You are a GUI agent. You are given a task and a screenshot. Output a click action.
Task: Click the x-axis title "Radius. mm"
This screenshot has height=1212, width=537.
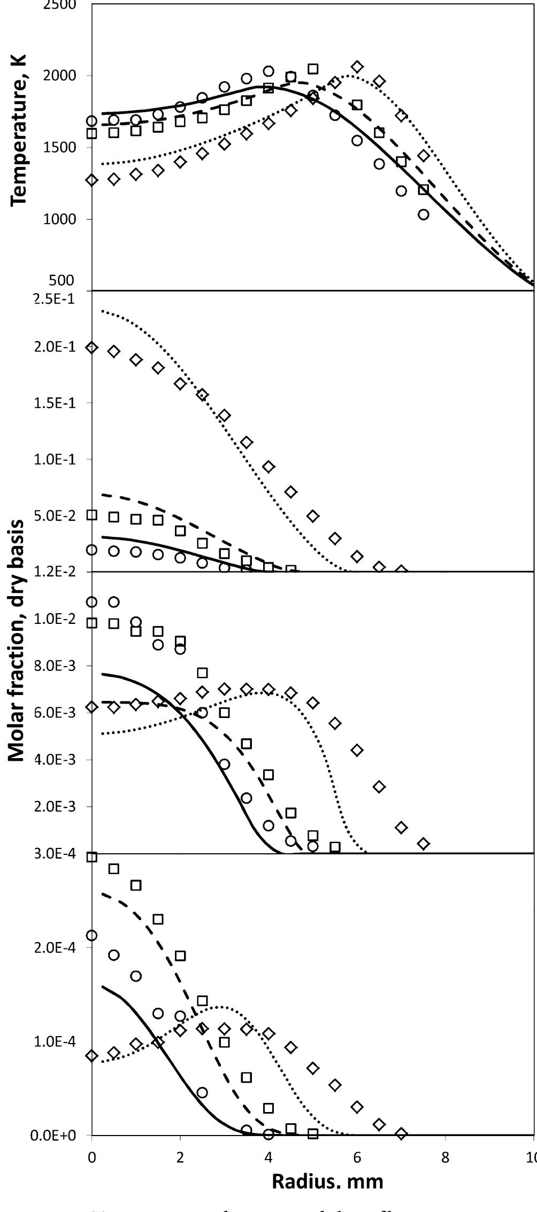pos(327,1165)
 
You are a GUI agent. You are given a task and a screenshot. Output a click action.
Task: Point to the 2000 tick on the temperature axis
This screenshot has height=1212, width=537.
pos(60,75)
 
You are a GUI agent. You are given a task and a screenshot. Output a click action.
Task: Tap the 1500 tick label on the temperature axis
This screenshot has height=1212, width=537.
pos(60,148)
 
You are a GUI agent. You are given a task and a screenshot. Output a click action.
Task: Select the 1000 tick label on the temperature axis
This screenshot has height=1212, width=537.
pos(60,219)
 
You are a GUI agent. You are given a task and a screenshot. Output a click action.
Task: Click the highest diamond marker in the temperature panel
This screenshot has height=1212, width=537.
pos(357,67)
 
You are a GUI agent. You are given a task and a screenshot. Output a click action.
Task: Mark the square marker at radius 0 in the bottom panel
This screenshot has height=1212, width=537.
pos(92,857)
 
